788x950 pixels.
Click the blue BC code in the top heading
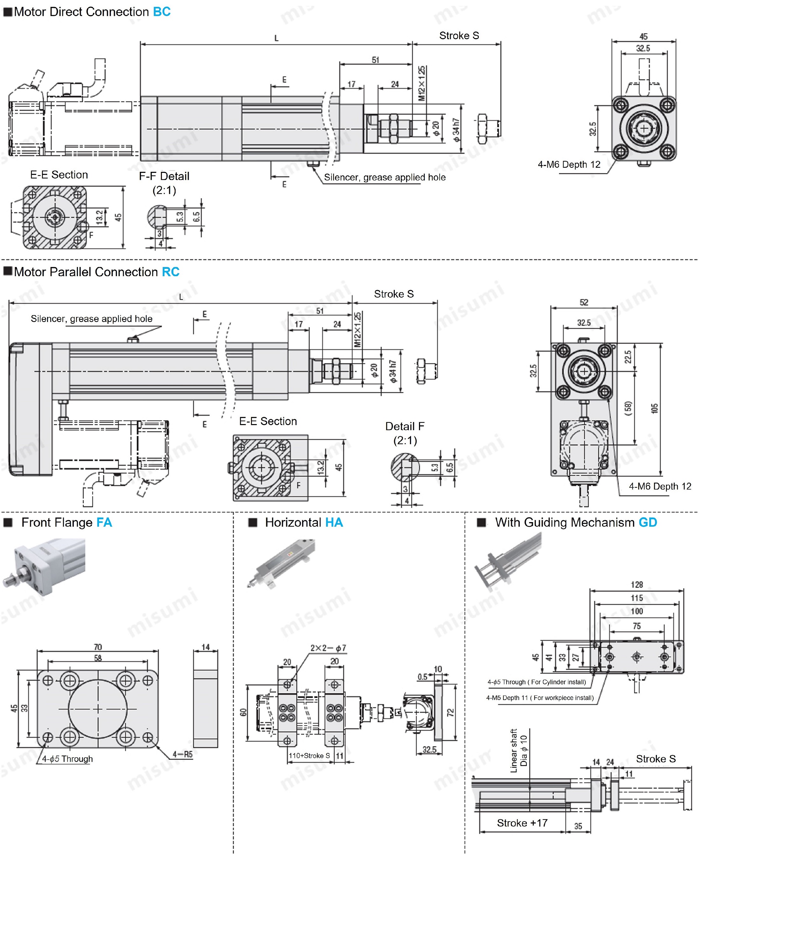(x=162, y=12)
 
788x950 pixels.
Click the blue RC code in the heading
(x=171, y=272)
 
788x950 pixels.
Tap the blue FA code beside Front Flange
(x=104, y=522)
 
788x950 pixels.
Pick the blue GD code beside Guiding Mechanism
(x=648, y=522)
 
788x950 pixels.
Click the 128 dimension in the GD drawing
(x=637, y=585)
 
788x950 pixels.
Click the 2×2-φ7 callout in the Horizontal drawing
(x=328, y=648)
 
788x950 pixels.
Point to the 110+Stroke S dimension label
(x=310, y=756)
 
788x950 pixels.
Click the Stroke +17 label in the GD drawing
(x=522, y=823)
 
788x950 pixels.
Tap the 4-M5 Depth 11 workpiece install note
(x=540, y=698)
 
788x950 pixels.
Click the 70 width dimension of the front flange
(x=98, y=647)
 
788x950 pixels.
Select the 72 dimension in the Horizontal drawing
(x=450, y=713)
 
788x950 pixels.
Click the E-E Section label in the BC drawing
(x=59, y=175)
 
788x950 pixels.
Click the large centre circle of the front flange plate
(x=98, y=709)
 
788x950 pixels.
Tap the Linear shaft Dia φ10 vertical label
(x=519, y=751)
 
